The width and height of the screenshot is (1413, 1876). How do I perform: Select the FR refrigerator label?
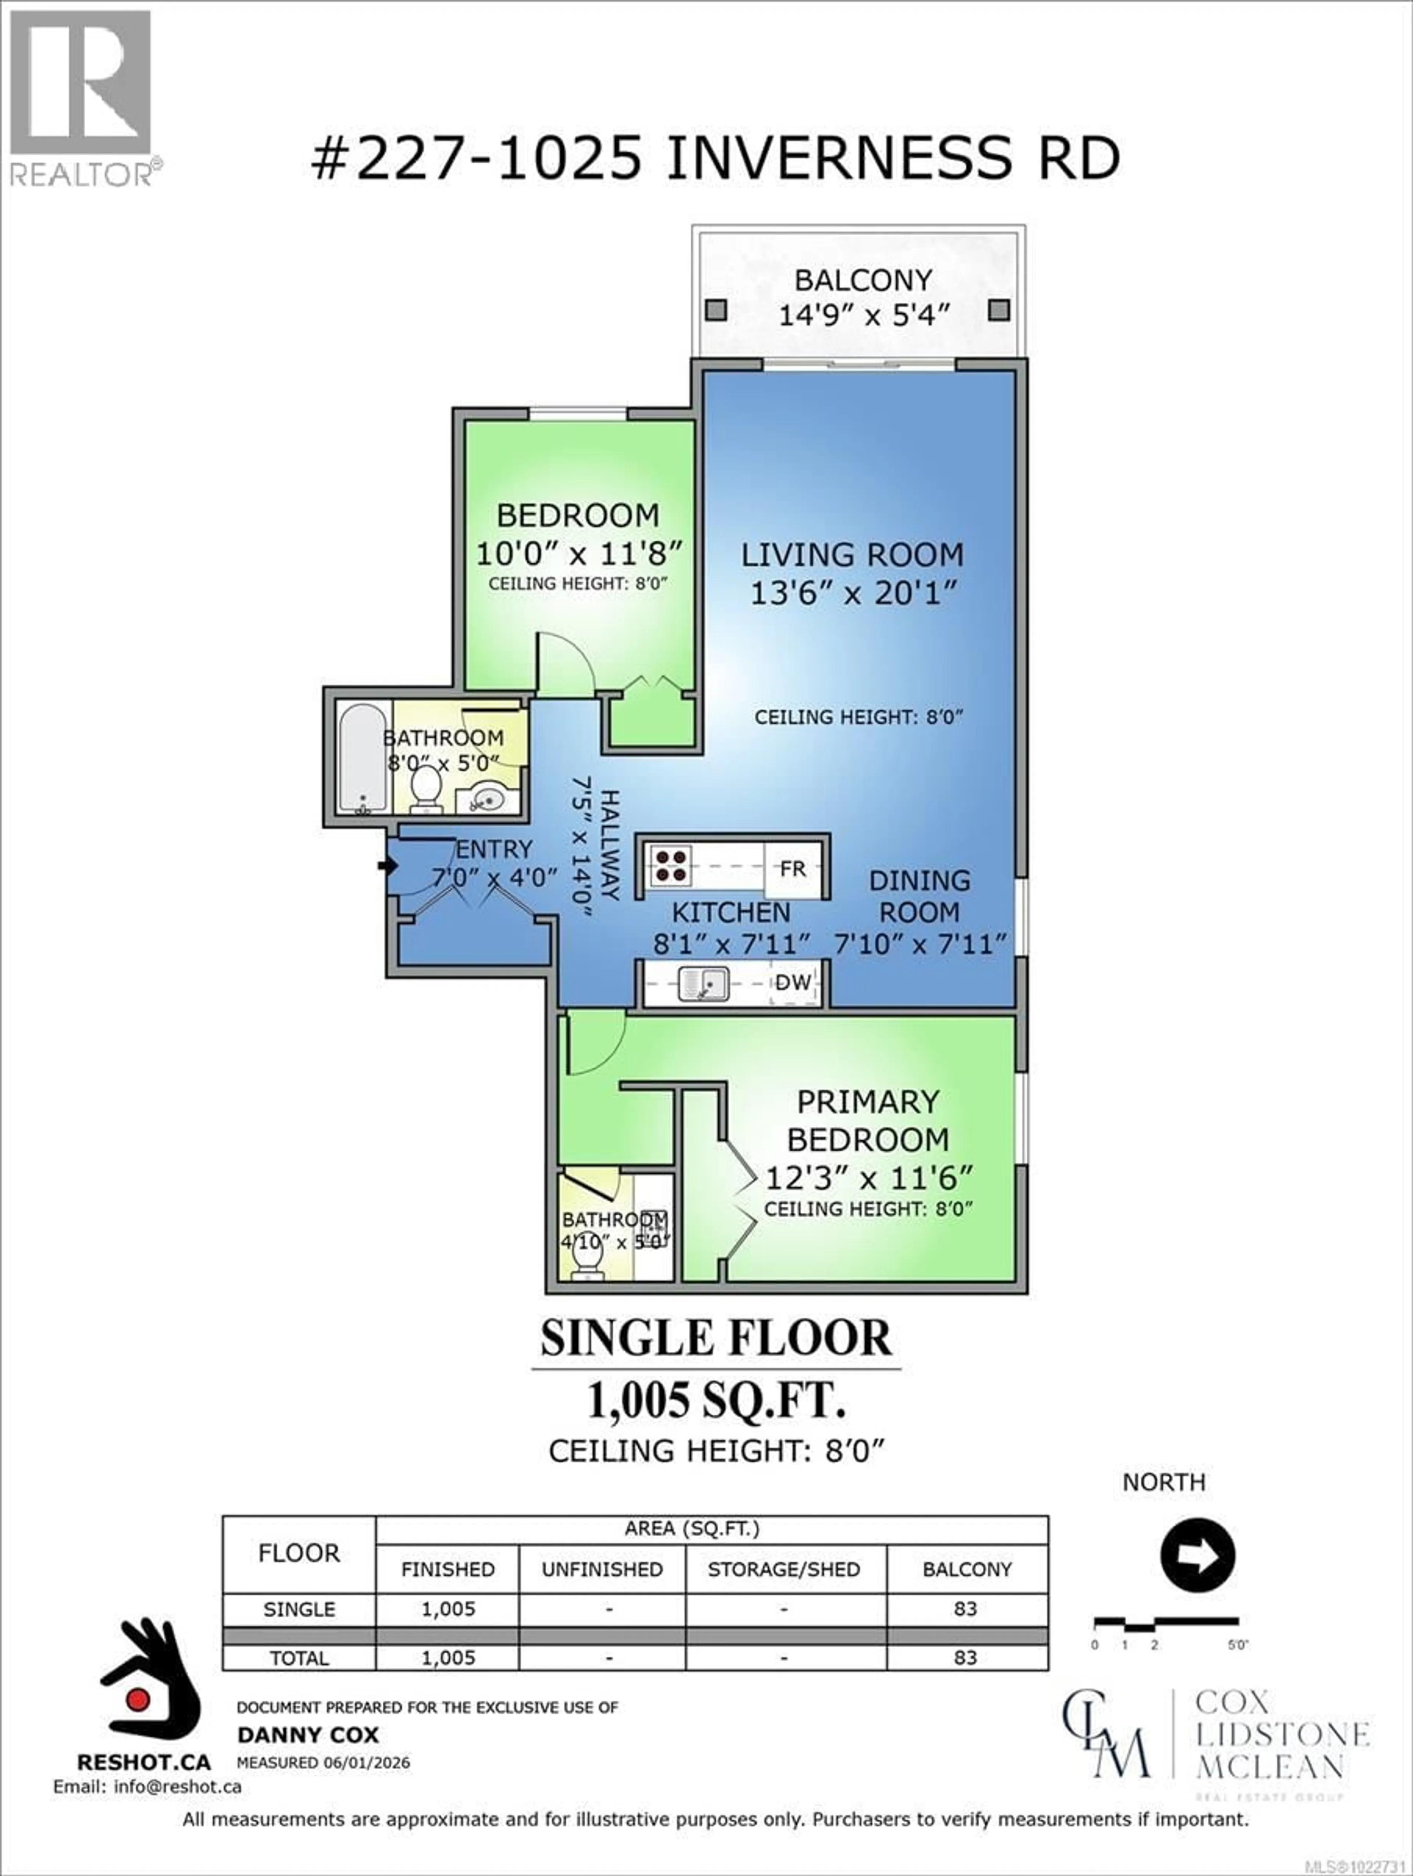pyautogui.click(x=792, y=869)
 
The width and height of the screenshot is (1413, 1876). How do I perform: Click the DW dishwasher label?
pyautogui.click(x=793, y=983)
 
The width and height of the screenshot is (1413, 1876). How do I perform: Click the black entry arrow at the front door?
pyautogui.click(x=387, y=866)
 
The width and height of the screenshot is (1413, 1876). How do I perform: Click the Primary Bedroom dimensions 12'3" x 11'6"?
pyautogui.click(x=868, y=1178)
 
